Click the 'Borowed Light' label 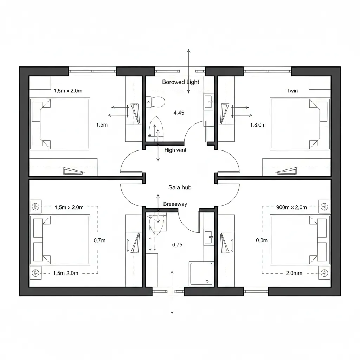(x=180, y=82)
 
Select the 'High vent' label (x=175, y=150)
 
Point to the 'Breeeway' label (x=175, y=204)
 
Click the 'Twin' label (x=292, y=91)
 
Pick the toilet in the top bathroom (x=156, y=102)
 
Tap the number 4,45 (x=179, y=113)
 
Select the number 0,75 (x=177, y=245)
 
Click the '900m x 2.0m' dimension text (x=291, y=207)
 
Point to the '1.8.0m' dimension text (x=258, y=124)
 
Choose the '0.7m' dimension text (x=99, y=240)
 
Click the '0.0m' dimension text (x=262, y=240)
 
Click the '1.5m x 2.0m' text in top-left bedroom (x=68, y=91)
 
